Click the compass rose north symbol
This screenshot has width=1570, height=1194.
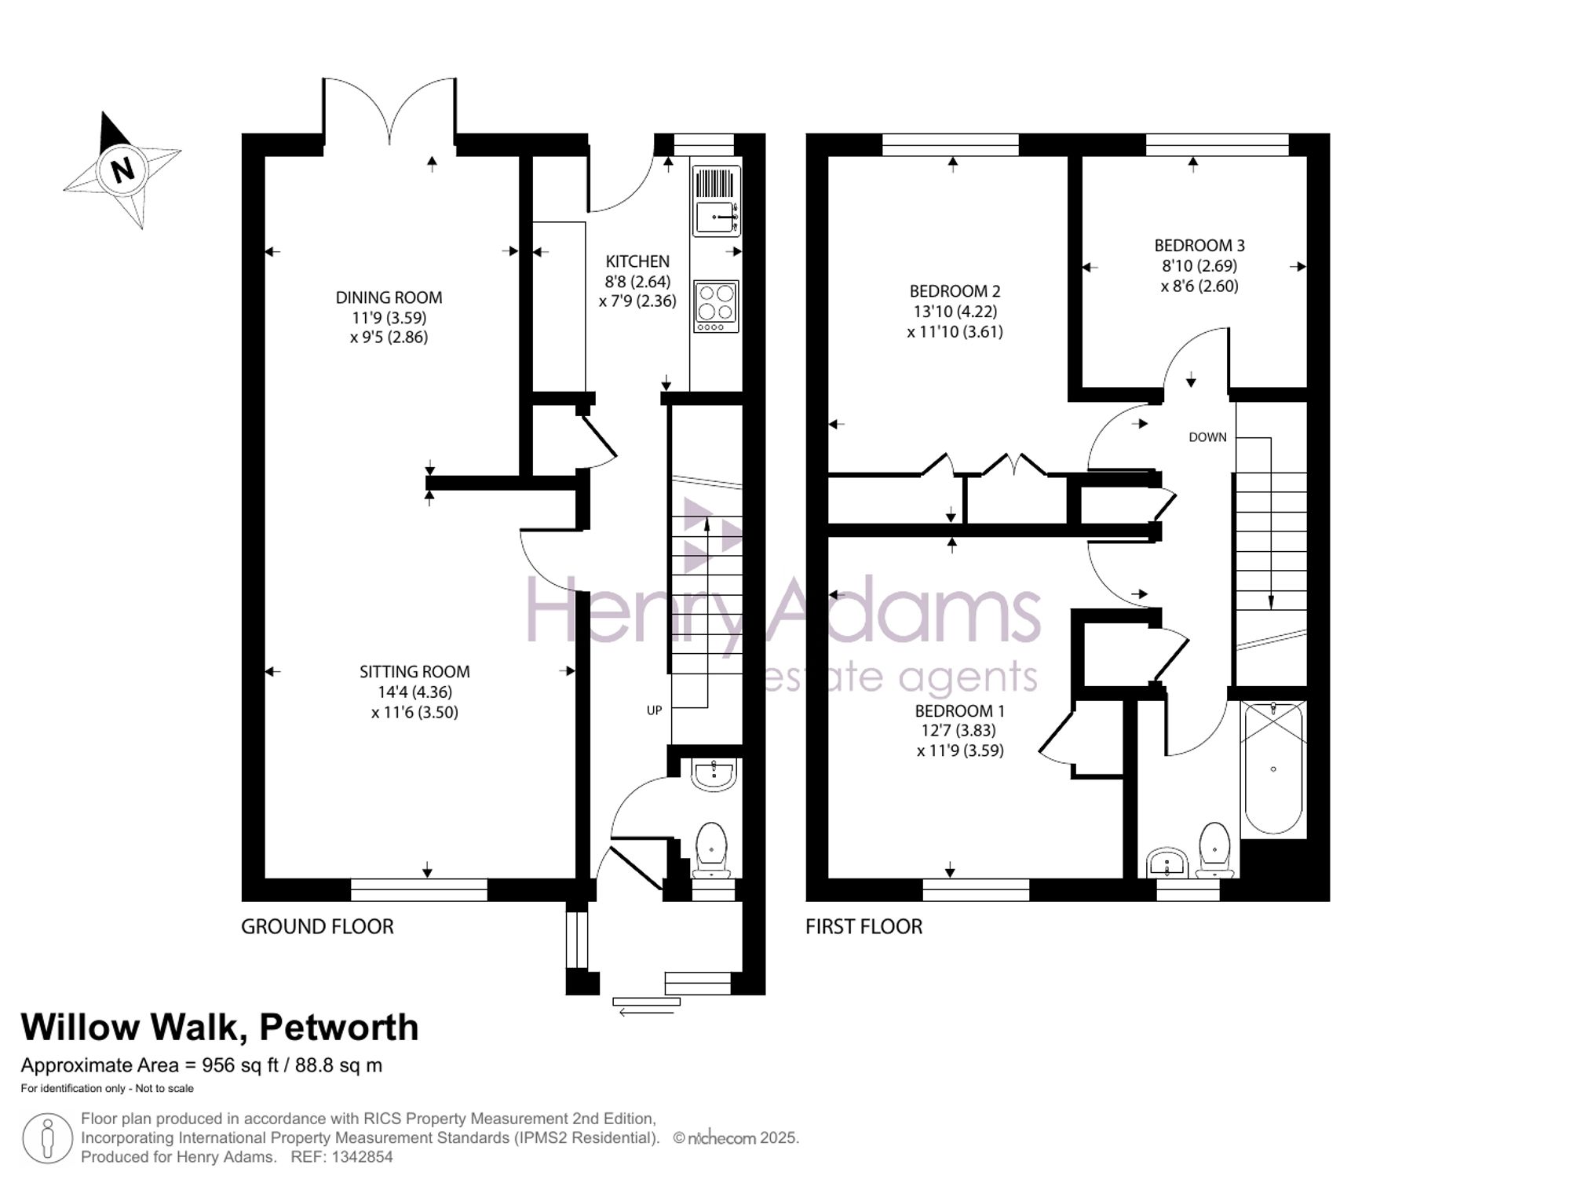122,170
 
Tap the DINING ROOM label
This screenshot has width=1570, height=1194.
389,298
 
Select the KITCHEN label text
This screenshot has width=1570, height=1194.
637,261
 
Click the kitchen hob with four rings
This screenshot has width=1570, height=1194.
716,306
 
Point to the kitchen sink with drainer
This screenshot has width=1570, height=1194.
716,201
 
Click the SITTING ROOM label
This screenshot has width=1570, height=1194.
414,672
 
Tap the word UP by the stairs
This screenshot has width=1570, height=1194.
654,710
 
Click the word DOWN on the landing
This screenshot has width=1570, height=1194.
1207,437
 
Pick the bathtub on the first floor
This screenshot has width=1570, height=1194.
1273,767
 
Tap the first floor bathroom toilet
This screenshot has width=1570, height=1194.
1215,850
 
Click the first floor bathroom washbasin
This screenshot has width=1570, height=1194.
1168,863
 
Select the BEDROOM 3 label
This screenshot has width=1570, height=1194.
1199,246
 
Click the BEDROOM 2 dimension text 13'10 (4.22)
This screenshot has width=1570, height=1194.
955,312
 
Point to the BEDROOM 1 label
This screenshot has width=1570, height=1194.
959,711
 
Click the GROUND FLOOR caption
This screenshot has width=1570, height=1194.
317,926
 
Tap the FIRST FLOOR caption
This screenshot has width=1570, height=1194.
863,926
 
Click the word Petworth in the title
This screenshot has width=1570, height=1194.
338,1028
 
